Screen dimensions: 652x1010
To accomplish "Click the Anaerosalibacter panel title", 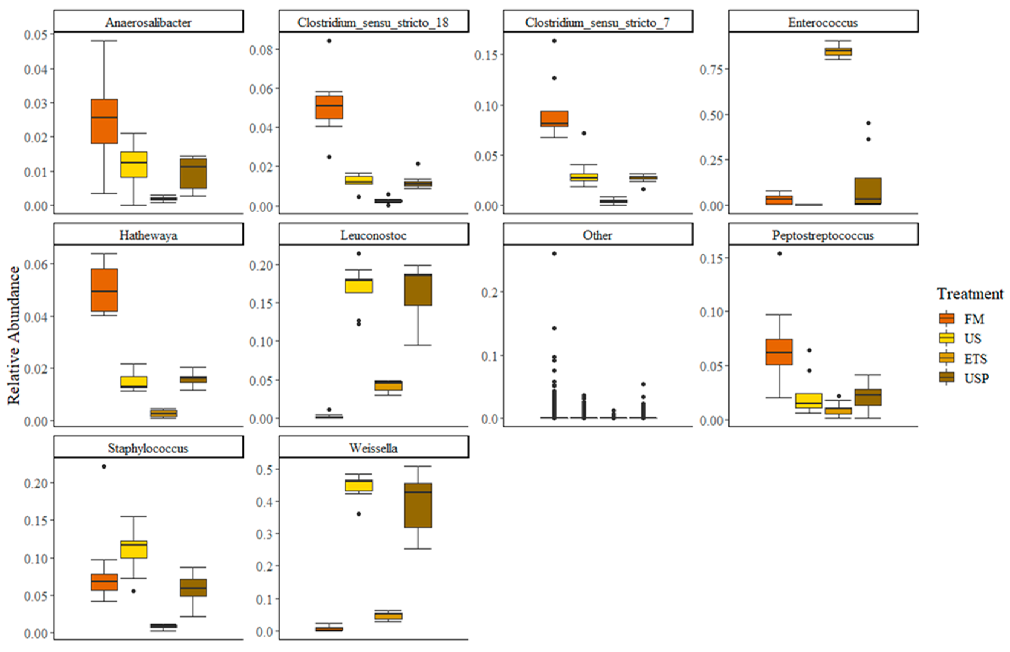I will (148, 22).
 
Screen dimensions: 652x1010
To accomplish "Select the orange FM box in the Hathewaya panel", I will (104, 290).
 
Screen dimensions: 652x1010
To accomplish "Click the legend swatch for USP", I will (947, 377).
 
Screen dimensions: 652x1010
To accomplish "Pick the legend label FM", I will (974, 319).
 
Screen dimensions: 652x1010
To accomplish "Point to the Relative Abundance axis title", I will (14, 335).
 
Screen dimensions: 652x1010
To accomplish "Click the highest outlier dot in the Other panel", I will (554, 254).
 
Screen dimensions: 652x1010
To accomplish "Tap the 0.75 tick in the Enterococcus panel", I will (711, 69).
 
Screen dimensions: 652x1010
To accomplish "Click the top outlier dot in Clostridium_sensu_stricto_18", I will (329, 41).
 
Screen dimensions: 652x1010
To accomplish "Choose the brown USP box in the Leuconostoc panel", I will (418, 290).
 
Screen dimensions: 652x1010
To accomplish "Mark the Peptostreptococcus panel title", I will (823, 235).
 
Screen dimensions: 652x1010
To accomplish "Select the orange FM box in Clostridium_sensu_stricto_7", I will (554, 118).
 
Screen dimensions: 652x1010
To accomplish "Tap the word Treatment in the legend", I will (970, 294).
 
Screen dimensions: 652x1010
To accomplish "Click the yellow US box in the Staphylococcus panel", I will (134, 549).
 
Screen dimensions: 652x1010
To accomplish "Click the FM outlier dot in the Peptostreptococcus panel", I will (779, 254).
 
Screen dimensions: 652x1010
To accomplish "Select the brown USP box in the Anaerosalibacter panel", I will (193, 173).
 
